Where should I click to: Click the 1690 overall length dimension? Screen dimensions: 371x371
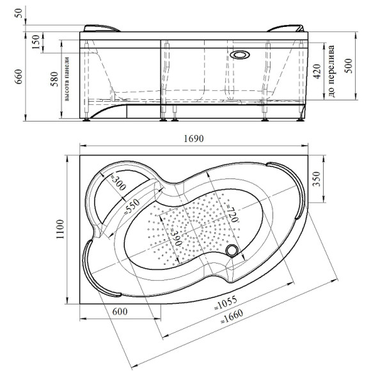(x=194, y=139)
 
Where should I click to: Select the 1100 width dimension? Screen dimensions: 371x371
(x=60, y=229)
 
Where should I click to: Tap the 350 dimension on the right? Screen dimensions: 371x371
(x=317, y=179)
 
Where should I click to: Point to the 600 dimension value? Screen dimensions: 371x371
(x=120, y=312)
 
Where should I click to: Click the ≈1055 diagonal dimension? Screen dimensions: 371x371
(x=226, y=303)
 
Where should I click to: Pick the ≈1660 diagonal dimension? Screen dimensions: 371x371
(x=232, y=317)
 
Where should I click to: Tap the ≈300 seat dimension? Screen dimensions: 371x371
(x=118, y=181)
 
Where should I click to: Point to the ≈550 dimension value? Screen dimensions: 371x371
(x=132, y=206)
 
